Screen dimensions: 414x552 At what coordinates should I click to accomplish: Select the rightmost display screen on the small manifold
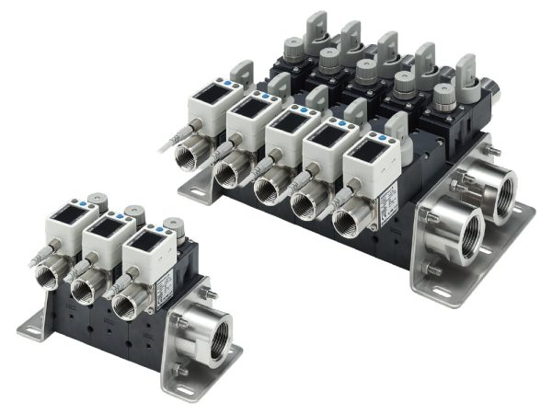[143, 238]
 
